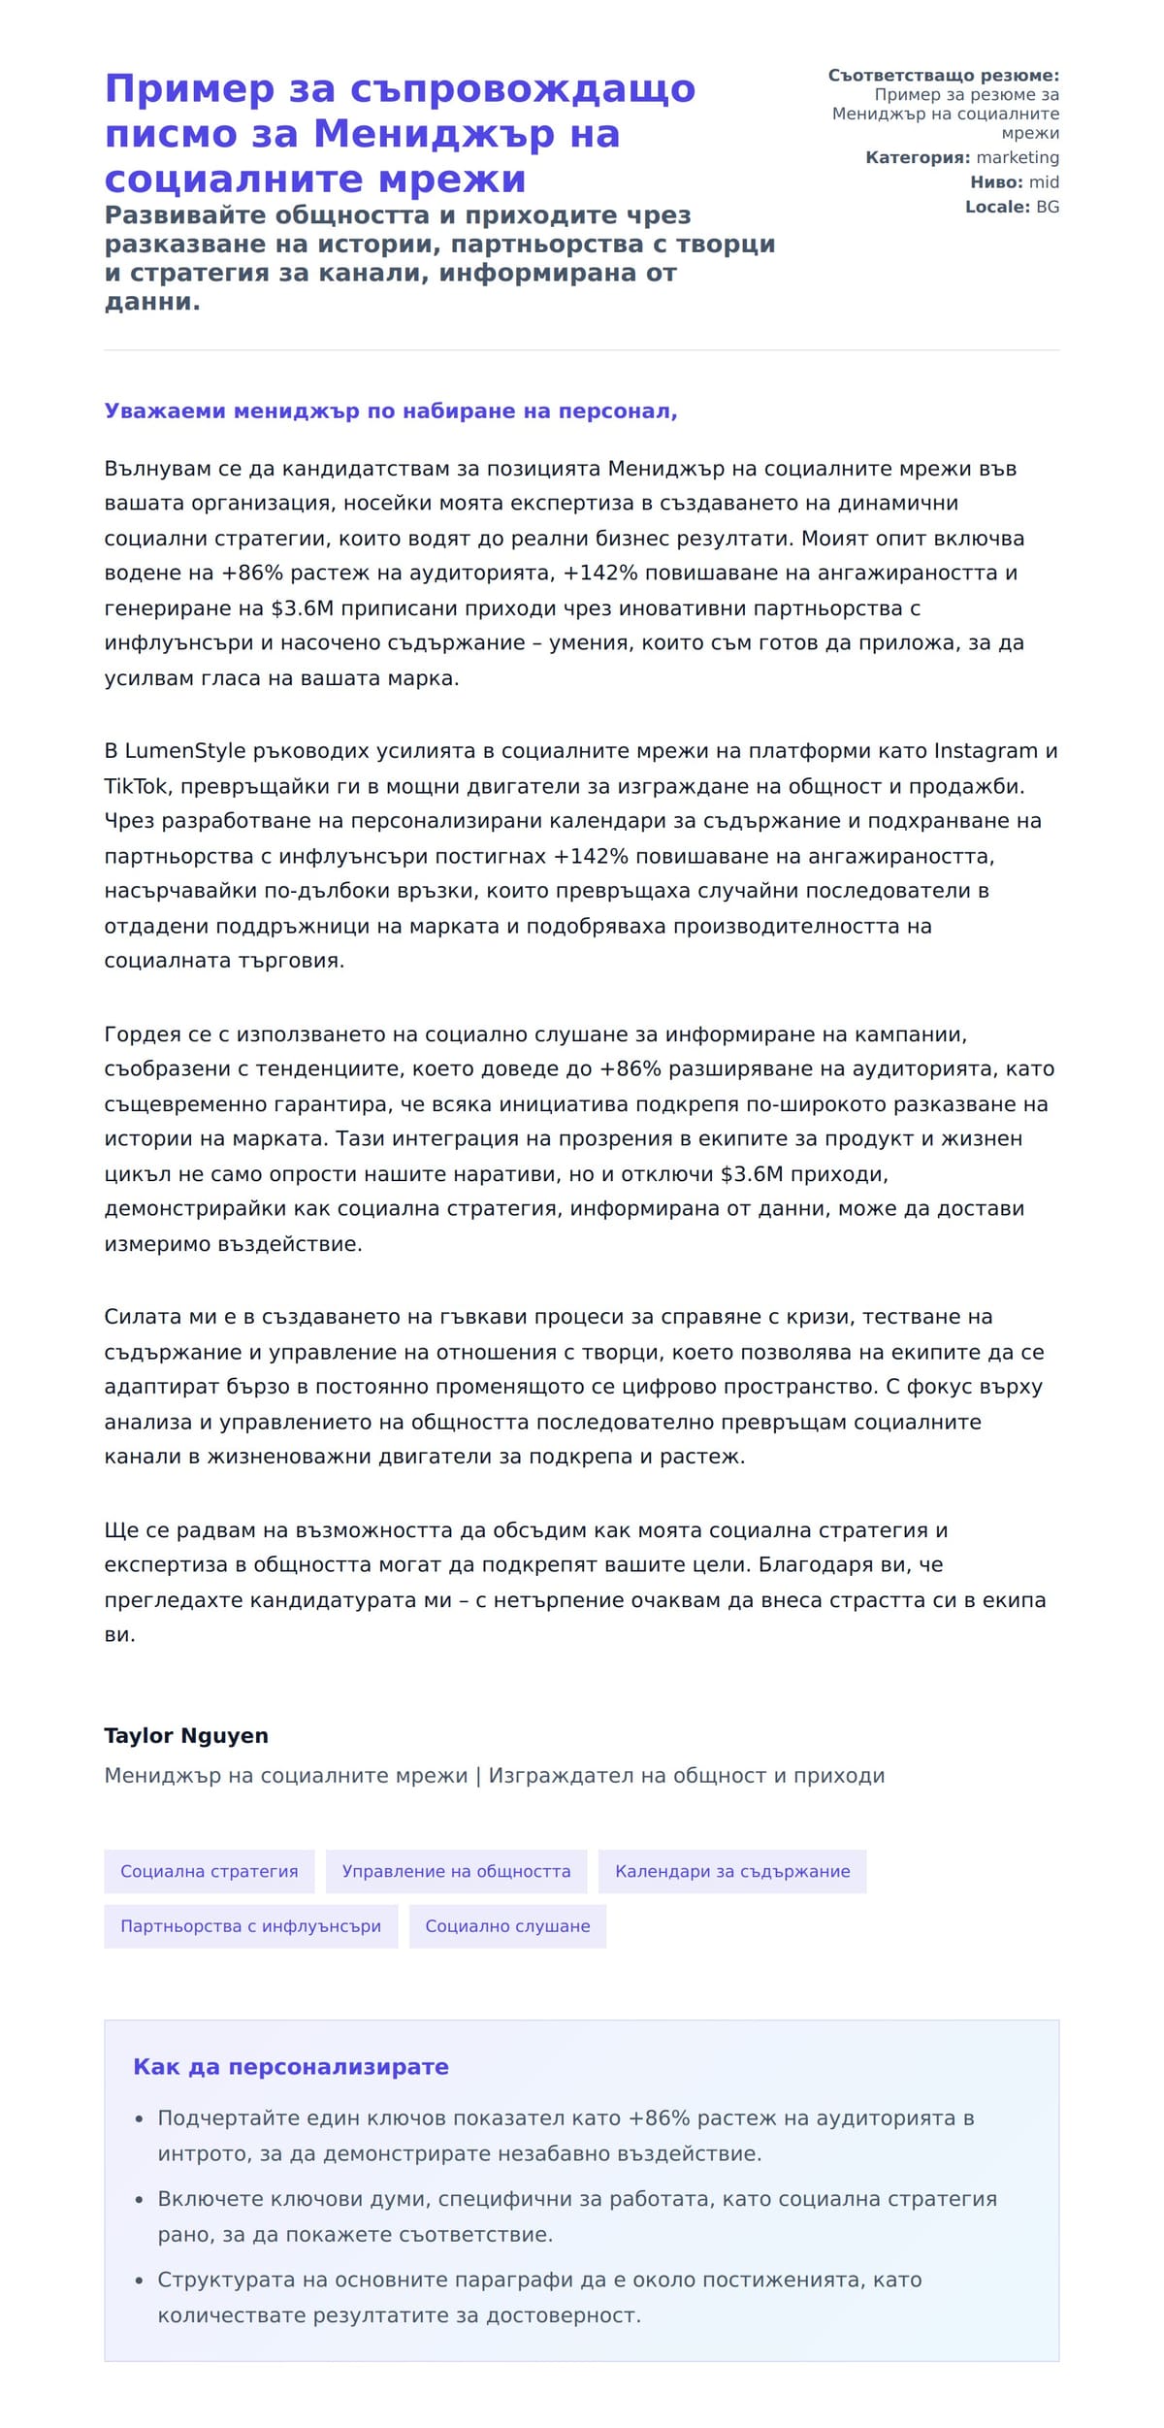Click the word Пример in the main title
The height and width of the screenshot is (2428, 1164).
click(178, 89)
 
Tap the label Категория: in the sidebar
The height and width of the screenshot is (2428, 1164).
click(917, 157)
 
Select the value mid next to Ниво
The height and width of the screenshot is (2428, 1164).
click(1044, 182)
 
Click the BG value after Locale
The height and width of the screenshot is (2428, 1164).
click(1047, 207)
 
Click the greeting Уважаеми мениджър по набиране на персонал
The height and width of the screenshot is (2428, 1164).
click(390, 410)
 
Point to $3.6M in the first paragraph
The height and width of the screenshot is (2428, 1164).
click(302, 608)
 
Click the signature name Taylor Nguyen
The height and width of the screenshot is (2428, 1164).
click(186, 1736)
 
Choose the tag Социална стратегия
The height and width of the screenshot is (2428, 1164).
click(210, 1872)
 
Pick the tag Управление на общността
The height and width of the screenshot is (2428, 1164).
click(456, 1872)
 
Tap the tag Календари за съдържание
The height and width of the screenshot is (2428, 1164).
click(732, 1872)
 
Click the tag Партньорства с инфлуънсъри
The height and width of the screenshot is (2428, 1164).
click(250, 1926)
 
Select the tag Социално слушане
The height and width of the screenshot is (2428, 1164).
click(507, 1926)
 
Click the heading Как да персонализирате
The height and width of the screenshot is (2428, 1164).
click(291, 2067)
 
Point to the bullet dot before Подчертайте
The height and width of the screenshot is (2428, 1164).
click(140, 2119)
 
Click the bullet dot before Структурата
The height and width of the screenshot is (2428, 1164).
click(140, 2280)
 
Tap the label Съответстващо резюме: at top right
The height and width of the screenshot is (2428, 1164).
click(943, 76)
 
